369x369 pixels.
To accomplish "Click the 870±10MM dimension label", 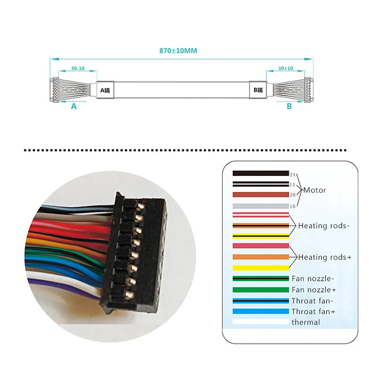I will [178, 51].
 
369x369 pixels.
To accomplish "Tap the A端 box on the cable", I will [106, 89].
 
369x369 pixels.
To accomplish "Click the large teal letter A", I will [73, 106].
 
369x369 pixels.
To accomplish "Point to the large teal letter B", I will [289, 106].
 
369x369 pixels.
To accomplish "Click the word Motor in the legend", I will [315, 190].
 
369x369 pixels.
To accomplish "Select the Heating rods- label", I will [324, 226].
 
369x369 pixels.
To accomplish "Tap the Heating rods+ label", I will [325, 257].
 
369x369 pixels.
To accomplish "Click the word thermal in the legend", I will [305, 322].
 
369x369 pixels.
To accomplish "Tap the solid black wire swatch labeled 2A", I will [261, 173].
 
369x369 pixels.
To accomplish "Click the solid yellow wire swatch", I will [261, 268].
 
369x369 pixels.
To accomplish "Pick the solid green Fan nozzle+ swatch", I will [261, 290].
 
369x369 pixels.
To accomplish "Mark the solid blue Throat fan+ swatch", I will [261, 311].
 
